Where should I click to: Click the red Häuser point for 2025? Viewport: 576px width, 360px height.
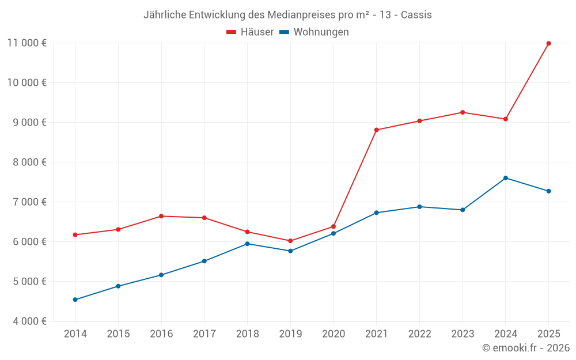tap(548, 43)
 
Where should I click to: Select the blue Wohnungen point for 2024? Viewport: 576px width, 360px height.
tap(506, 178)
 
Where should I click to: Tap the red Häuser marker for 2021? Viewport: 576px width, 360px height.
tap(376, 130)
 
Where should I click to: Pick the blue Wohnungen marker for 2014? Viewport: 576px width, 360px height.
tap(75, 300)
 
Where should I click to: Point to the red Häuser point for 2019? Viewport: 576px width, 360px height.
tap(290, 241)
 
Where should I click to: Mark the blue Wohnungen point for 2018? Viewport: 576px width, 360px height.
tap(247, 244)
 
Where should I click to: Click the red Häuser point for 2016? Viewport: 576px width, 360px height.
tap(161, 216)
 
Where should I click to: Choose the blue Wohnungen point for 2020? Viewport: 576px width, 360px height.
tap(334, 233)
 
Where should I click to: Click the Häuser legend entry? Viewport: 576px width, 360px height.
tap(250, 32)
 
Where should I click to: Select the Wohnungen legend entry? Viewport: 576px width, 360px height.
tap(314, 32)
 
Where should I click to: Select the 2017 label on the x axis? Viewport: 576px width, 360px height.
tap(204, 334)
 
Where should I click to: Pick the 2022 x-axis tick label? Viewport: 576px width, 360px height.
tap(419, 334)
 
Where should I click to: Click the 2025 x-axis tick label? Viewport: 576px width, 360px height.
tap(548, 334)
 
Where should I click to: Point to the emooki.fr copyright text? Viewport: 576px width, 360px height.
tap(526, 348)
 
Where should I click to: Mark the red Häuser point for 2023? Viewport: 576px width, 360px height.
tap(463, 112)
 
